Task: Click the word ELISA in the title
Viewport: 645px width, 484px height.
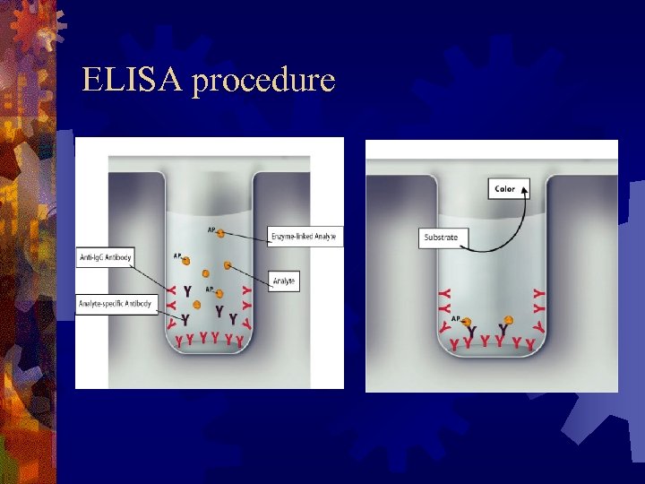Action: (x=132, y=82)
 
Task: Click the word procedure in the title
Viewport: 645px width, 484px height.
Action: (x=263, y=82)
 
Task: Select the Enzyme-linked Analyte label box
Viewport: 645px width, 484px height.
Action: (x=305, y=237)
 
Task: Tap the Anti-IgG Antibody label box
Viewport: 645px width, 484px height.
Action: (x=105, y=258)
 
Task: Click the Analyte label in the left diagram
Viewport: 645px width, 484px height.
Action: (x=283, y=281)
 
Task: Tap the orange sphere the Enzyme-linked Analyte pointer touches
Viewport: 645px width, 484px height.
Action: (x=219, y=233)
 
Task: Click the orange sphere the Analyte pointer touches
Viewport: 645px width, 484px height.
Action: (x=228, y=265)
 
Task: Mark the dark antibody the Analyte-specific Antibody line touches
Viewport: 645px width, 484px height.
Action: (x=185, y=319)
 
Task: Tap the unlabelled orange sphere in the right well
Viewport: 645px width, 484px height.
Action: (x=508, y=320)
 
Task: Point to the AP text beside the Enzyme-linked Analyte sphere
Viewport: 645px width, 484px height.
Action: (x=211, y=229)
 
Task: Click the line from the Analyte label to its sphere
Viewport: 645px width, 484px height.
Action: (x=251, y=273)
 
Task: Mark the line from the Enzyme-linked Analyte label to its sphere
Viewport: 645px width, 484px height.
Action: (x=245, y=235)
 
